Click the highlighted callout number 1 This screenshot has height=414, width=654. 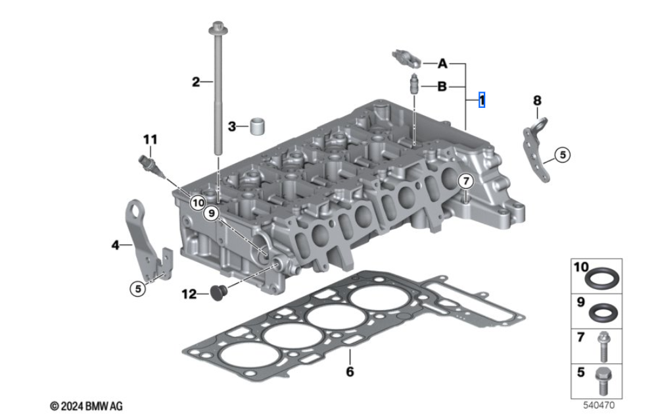tap(482, 100)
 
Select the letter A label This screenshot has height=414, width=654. tap(442, 63)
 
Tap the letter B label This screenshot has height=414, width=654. tap(442, 86)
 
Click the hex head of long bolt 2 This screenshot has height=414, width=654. tap(218, 28)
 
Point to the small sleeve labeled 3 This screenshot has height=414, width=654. tap(258, 126)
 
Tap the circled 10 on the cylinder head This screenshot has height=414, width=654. tap(198, 203)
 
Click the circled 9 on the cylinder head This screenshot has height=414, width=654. tap(212, 213)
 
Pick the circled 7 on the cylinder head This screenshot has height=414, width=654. tap(466, 181)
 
